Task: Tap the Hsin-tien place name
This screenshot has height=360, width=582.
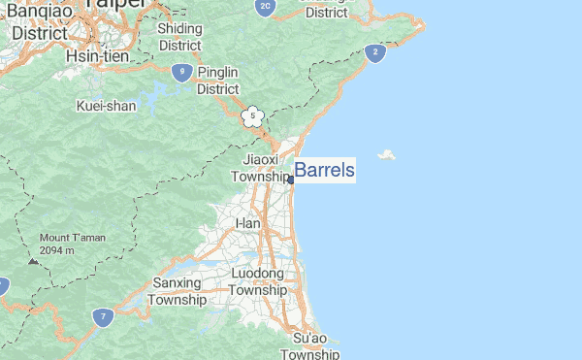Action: point(91,57)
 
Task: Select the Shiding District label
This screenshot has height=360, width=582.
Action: point(179,37)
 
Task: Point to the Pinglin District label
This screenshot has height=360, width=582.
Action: point(217,80)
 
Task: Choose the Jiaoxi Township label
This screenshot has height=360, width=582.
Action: point(260,167)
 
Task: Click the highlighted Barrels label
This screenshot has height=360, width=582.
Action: point(324,171)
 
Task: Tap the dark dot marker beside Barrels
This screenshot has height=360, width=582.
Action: point(291,180)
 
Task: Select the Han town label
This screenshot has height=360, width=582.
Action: point(248,223)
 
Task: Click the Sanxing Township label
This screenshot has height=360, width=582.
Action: point(177,291)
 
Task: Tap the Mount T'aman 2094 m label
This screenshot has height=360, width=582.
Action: point(70,244)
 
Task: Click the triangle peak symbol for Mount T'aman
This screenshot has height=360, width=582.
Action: point(34,260)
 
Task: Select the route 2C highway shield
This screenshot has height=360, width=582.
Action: point(266,7)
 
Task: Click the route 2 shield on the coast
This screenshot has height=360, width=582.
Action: point(374,52)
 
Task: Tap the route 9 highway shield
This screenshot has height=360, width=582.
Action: point(181,71)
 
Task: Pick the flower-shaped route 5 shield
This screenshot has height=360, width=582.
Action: point(252,117)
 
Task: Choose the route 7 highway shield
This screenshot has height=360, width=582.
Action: point(102,316)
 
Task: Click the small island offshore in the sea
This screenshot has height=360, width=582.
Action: point(388,155)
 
